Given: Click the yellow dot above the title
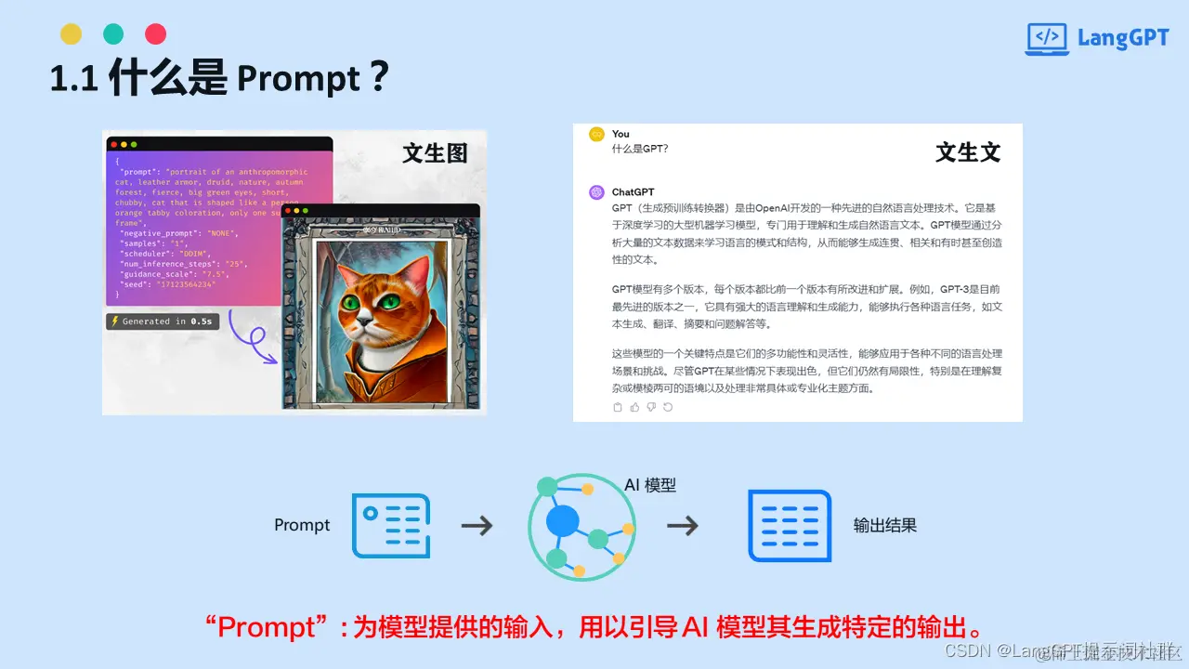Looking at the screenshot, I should [71, 34].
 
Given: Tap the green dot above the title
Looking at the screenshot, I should [113, 34].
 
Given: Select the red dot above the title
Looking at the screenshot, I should [156, 34].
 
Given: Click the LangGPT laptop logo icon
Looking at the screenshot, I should [1047, 39].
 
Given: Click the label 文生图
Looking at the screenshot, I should [435, 152].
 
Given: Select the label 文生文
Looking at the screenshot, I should [968, 152].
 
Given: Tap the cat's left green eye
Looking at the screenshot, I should [351, 303].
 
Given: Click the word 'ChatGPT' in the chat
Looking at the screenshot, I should [633, 192].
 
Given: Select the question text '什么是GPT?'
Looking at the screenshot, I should [640, 149].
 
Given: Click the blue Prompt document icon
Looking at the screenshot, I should [391, 526].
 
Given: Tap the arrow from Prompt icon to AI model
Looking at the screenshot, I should [477, 526].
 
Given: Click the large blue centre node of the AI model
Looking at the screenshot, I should [562, 520].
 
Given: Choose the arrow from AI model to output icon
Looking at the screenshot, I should [683, 526].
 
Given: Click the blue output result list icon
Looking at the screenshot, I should [790, 526].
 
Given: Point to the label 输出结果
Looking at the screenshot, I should [885, 526].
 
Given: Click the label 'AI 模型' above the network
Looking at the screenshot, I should [650, 485].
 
